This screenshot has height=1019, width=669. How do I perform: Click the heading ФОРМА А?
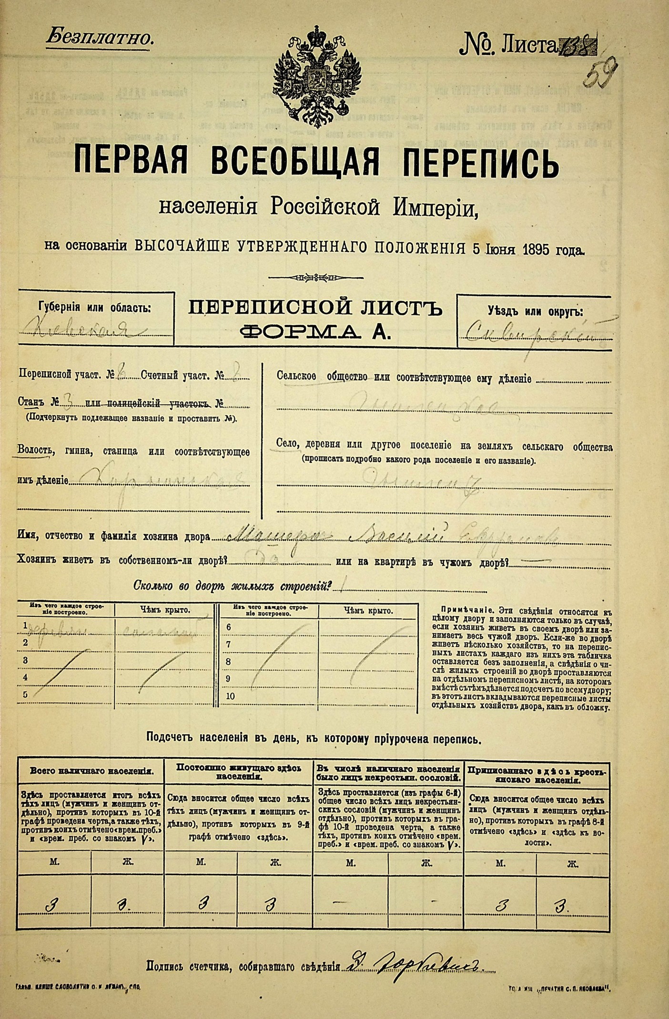[x=316, y=332]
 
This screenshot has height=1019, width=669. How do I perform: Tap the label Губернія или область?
[x=94, y=308]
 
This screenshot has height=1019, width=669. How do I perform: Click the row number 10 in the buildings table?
[x=230, y=696]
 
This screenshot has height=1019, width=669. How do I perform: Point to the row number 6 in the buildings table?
[x=229, y=627]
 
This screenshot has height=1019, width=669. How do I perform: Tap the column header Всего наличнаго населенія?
[x=91, y=771]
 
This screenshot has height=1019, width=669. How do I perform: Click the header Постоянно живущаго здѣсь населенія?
[x=239, y=771]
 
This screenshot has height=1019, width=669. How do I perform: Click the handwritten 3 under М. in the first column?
[x=51, y=906]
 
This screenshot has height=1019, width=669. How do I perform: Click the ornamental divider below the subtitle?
[x=316, y=277]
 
